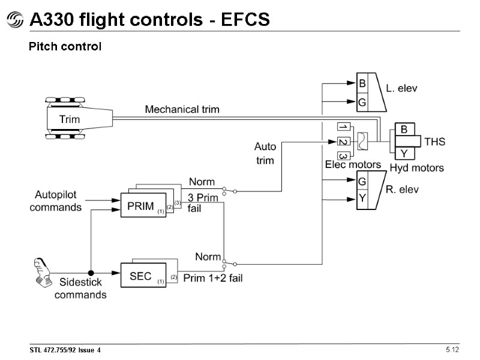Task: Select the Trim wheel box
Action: [70, 118]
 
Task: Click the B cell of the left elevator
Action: [362, 84]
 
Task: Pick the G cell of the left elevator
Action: [362, 103]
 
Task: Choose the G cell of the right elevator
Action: [362, 181]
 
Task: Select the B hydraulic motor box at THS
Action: [404, 129]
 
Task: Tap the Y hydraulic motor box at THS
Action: [404, 154]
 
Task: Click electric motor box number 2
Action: [343, 142]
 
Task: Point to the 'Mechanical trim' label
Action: [182, 109]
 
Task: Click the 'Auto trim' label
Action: [265, 153]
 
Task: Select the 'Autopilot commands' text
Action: [55, 202]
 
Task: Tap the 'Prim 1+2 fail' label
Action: [212, 278]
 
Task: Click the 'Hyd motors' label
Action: [416, 167]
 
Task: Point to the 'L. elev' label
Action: [401, 89]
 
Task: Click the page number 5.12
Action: [451, 349]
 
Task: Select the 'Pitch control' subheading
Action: [65, 46]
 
